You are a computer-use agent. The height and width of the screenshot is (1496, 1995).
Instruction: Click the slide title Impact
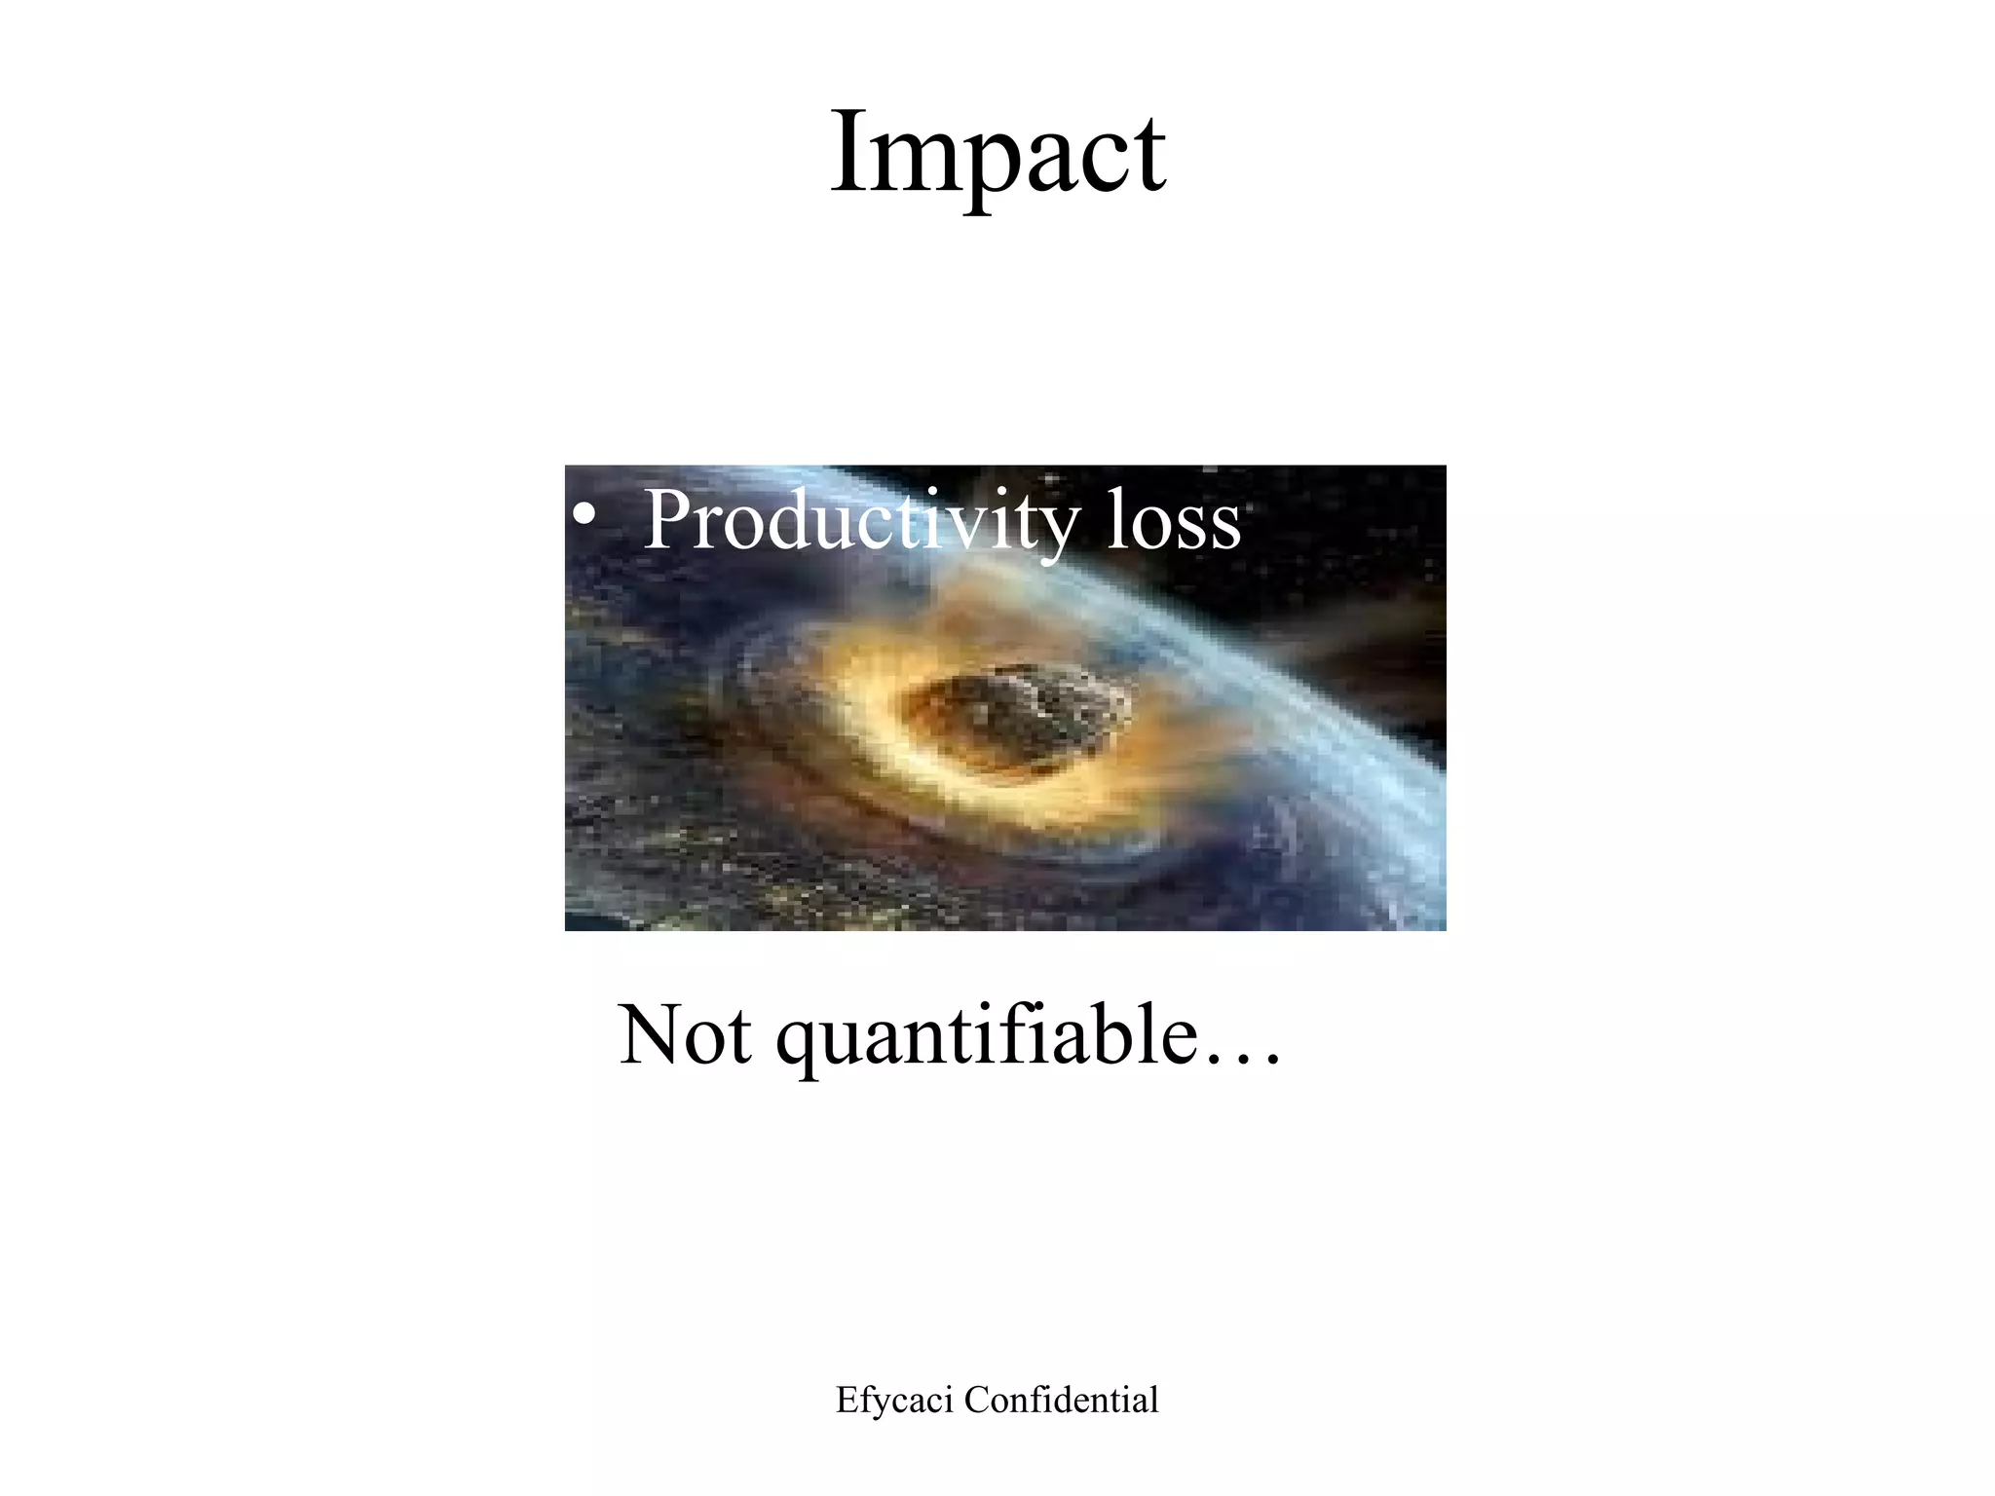click(x=997, y=154)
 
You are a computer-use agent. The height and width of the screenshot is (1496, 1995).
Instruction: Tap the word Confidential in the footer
click(x=1062, y=1401)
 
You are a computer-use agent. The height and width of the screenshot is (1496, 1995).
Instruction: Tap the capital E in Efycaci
click(x=846, y=1401)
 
